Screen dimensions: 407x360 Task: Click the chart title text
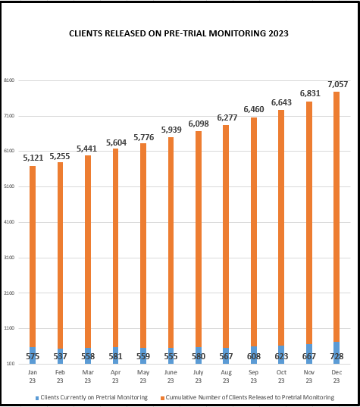[x=179, y=34]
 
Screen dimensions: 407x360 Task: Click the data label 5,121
[x=33, y=158]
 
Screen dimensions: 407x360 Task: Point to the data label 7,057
[x=338, y=83]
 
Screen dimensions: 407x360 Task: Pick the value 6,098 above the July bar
[x=199, y=124]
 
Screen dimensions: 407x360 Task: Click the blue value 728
[x=337, y=356]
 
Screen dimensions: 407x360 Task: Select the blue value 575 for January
[x=33, y=356]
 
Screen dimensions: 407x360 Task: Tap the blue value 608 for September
[x=254, y=356]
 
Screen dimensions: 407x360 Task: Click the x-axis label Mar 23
[x=88, y=376]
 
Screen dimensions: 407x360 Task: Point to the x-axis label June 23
[x=171, y=376]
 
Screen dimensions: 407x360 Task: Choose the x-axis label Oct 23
[x=281, y=376]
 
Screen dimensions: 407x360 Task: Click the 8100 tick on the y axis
[x=9, y=80]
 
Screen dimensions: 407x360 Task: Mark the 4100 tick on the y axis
[x=9, y=222]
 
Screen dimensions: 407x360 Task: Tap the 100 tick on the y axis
[x=10, y=364]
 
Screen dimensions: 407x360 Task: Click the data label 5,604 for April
[x=116, y=142]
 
